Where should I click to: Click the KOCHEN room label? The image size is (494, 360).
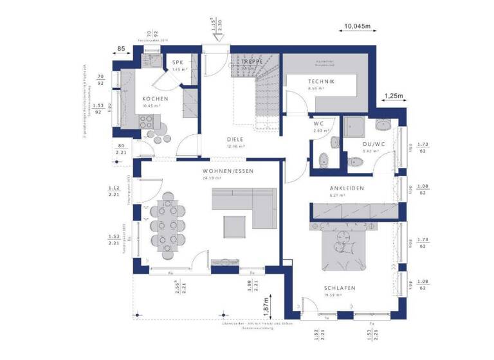pos(155,98)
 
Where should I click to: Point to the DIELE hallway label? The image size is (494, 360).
pos(235,139)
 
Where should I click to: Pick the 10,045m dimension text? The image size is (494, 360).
pos(358,26)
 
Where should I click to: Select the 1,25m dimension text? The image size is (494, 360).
pos(393,96)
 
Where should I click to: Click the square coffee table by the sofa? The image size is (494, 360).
pos(234,226)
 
